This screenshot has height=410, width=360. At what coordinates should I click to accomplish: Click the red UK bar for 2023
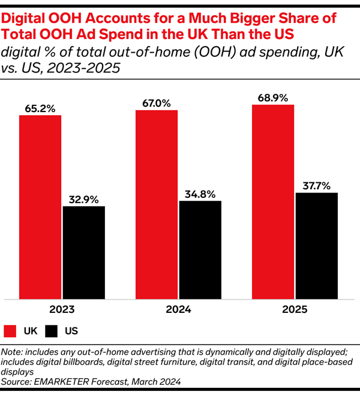point(40,206)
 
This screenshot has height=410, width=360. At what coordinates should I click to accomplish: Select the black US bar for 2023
point(84,252)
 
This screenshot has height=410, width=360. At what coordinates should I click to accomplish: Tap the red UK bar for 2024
point(157,204)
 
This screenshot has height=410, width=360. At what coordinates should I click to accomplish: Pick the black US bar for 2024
point(200,249)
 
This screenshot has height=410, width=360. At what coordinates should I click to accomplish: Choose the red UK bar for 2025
point(273,201)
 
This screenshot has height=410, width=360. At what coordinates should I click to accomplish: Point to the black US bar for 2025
point(317,245)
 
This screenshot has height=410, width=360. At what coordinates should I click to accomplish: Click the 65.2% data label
point(40,108)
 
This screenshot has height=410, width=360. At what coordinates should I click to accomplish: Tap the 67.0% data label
point(157,104)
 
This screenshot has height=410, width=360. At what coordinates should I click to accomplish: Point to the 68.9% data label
point(273,98)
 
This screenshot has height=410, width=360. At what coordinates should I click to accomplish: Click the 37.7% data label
point(317,186)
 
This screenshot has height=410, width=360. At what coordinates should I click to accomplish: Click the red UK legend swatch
point(10,330)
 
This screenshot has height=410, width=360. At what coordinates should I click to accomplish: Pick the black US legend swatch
point(52,330)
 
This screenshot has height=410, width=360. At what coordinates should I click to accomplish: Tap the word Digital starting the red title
point(24,19)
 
